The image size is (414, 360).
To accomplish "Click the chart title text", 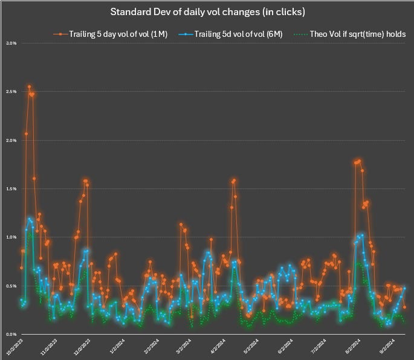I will pos(207,11).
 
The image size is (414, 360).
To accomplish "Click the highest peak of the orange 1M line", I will pos(29,87).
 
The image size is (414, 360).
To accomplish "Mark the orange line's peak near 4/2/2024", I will pos(233,180).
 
